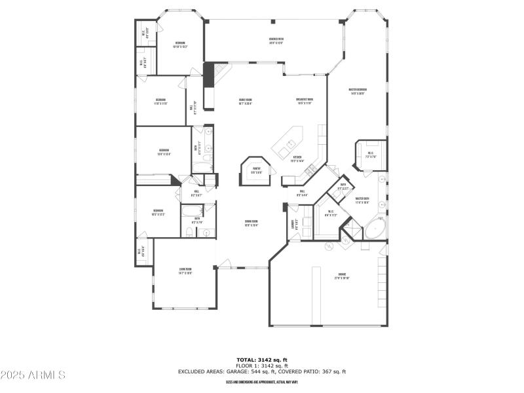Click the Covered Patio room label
click(x=276, y=41)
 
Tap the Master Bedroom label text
click(x=358, y=91)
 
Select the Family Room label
click(x=245, y=101)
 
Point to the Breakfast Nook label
click(x=305, y=101)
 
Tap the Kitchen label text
click(x=297, y=159)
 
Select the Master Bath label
click(x=362, y=200)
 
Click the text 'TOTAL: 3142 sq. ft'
click(x=262, y=360)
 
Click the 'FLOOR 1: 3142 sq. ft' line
click(x=262, y=365)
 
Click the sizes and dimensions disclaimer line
click(x=262, y=382)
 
